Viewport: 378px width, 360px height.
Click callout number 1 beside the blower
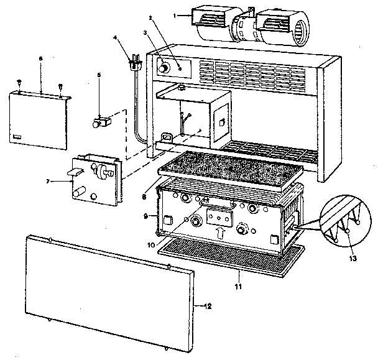point(176,14)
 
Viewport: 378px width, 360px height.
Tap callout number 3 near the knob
point(145,32)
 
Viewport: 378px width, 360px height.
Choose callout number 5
point(99,75)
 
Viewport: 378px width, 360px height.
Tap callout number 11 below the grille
point(239,287)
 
